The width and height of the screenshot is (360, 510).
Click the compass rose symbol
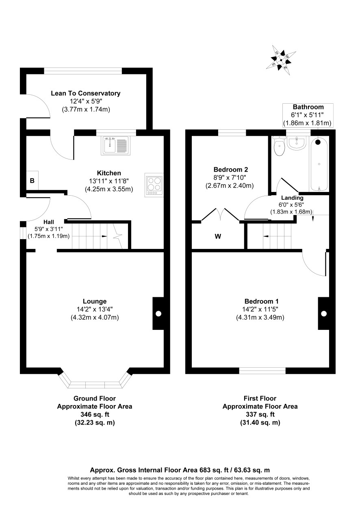(281, 60)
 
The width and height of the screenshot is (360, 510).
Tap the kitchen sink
(116, 146)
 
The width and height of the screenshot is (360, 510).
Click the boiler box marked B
(32, 180)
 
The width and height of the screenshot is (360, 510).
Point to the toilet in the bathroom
(279, 146)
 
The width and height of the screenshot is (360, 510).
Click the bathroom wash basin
(296, 143)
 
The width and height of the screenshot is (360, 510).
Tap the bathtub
(319, 164)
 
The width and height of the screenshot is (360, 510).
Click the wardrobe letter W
(218, 237)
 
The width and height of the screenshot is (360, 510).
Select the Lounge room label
(95, 301)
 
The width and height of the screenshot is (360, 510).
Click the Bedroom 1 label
(261, 301)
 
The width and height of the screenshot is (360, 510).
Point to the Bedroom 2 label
(231, 170)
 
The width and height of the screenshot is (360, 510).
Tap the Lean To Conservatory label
(85, 93)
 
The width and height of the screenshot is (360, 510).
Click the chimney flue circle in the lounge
(158, 314)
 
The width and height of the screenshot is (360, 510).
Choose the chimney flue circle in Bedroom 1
(324, 314)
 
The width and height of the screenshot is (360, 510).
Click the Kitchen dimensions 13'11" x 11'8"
(109, 181)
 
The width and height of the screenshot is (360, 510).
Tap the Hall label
(49, 222)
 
